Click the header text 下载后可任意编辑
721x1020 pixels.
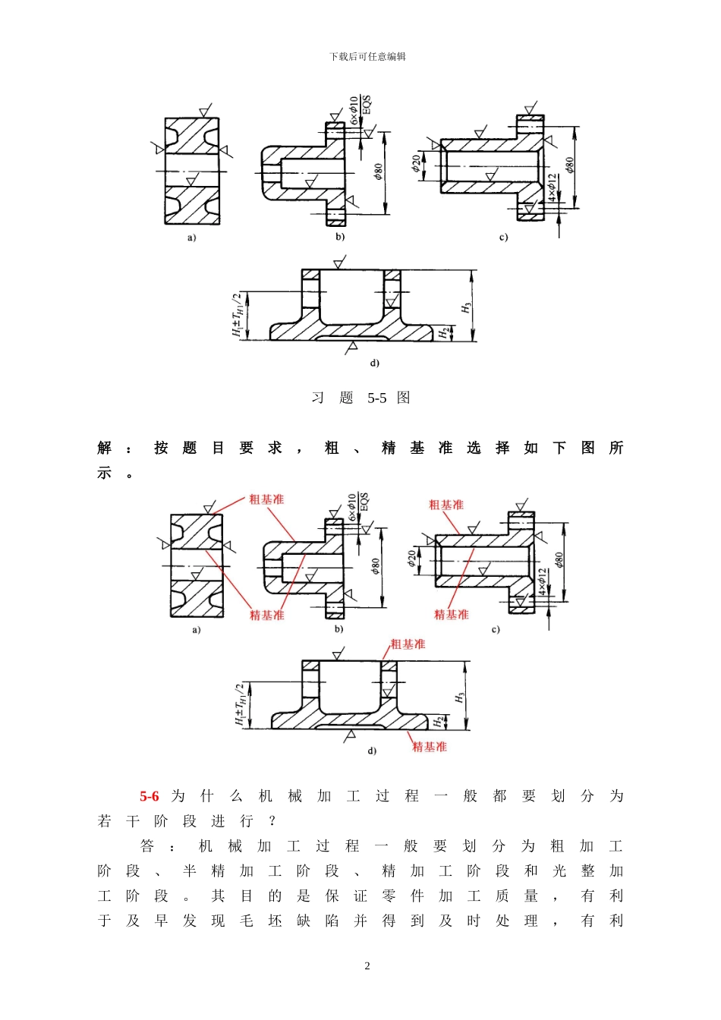pos(367,57)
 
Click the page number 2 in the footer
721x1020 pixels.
pos(367,966)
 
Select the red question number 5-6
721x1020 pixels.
pos(150,796)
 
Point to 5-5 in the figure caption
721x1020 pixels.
pos(377,398)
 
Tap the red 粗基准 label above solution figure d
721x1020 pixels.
pos(408,644)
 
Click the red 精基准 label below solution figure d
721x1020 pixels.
pos(430,747)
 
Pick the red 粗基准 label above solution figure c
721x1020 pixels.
pos(446,505)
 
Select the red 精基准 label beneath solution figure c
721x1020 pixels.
pos(452,615)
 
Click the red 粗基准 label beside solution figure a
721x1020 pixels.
pos(266,499)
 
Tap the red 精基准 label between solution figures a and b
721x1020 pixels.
pos(267,615)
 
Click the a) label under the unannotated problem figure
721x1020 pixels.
pos(191,238)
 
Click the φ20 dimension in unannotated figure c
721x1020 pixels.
pos(417,163)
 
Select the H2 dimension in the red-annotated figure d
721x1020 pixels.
pos(438,721)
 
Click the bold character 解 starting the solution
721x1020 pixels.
pos(105,448)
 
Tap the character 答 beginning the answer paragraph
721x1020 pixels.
pos(147,846)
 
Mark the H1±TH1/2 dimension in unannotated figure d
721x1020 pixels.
pos(238,315)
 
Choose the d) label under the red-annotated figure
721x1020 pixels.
pos(372,751)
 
